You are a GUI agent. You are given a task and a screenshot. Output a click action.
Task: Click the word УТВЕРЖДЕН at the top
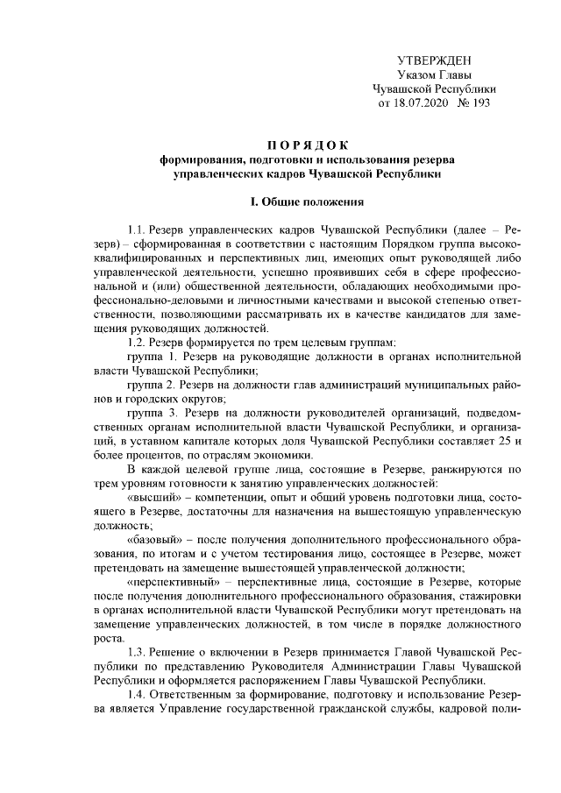point(435,60)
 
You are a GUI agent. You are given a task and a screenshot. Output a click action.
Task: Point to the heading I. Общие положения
point(306,202)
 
